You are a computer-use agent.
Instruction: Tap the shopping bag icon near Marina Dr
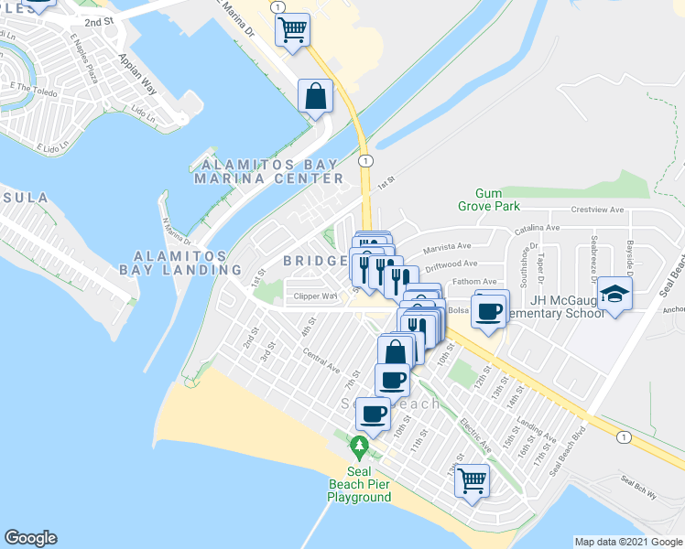[x=315, y=96]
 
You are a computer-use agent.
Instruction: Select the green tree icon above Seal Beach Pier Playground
[x=360, y=447]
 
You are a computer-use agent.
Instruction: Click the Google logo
[x=30, y=538]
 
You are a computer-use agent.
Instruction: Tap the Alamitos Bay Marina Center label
[x=268, y=171]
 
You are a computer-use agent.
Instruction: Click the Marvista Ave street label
[x=445, y=245]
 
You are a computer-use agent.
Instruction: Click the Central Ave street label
[x=321, y=363]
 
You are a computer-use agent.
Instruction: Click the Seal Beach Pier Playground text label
[x=360, y=490]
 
